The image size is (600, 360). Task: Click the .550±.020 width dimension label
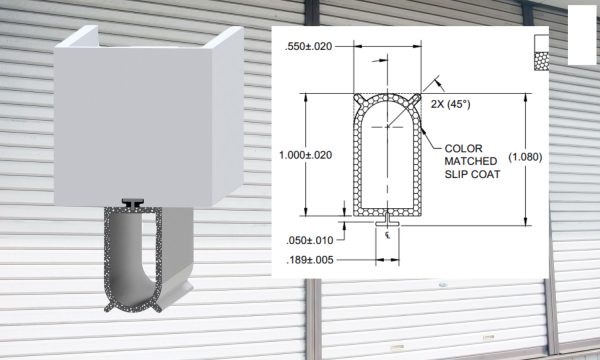point(308,47)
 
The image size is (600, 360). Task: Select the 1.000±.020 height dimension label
point(305,155)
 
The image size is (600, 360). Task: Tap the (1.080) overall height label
point(525,157)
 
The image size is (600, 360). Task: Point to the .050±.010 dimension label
point(310,241)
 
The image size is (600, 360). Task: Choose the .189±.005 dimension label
point(310,260)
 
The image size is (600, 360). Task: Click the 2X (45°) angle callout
point(450,104)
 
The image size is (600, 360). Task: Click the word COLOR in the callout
point(463,148)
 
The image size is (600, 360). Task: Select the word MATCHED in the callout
point(471,161)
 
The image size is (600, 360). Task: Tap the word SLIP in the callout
point(456,174)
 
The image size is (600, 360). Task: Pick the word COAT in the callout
point(486,174)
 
